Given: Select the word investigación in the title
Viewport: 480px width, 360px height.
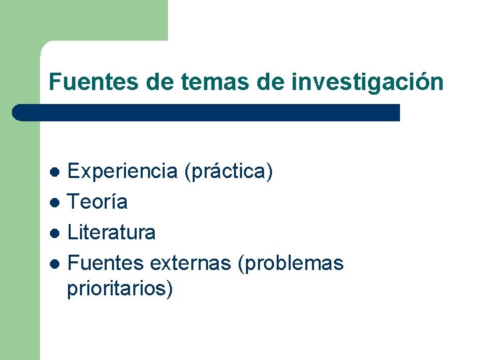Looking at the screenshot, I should pyautogui.click(x=367, y=82).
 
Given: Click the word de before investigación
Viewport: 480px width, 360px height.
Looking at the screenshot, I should pyautogui.click(x=270, y=82).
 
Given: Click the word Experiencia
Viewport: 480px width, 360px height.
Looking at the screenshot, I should pyautogui.click(x=122, y=171).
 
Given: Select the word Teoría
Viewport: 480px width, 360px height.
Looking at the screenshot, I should pyautogui.click(x=97, y=201).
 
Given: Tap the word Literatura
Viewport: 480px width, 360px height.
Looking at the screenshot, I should pyautogui.click(x=112, y=232).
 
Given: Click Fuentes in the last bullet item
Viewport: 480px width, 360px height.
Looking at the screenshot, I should pyautogui.click(x=106, y=263).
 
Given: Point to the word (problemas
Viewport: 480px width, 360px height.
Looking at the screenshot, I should pyautogui.click(x=291, y=264).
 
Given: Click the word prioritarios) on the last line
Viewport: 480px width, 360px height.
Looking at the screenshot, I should pyautogui.click(x=120, y=289).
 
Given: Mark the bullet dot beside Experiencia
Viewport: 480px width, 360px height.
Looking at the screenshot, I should pyautogui.click(x=57, y=172).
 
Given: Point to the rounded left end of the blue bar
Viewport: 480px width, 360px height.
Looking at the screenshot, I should pyautogui.click(x=18, y=113).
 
